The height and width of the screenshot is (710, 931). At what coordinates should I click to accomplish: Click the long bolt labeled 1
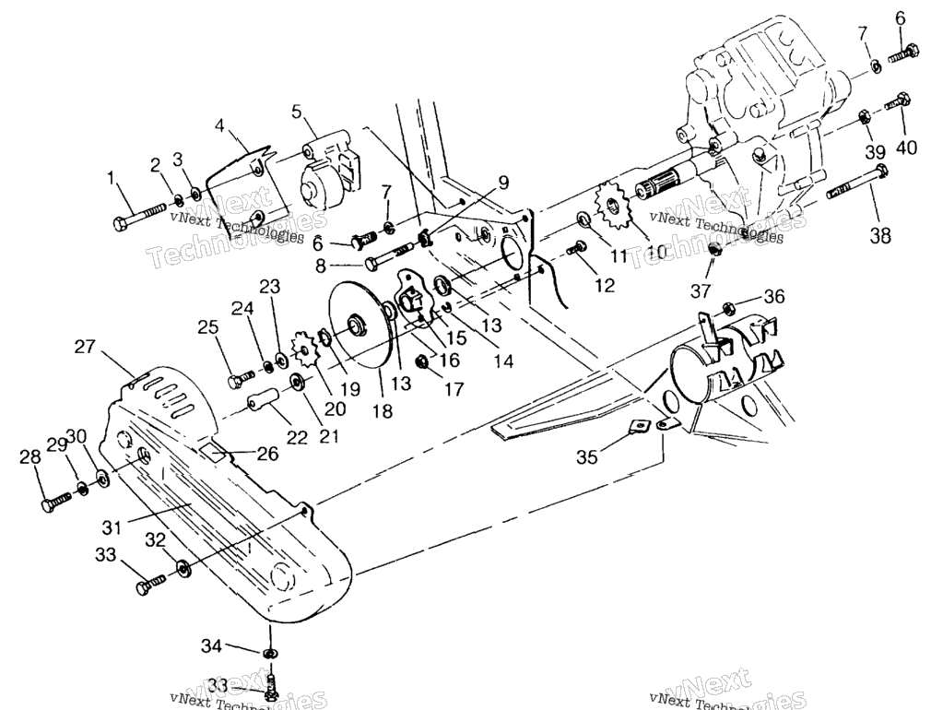click(139, 216)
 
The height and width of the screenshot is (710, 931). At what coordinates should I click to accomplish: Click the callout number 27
click(85, 346)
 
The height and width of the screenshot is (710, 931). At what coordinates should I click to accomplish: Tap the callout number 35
click(587, 457)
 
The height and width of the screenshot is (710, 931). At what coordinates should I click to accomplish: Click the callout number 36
click(773, 296)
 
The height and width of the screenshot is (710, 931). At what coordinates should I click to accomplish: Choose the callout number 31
click(112, 527)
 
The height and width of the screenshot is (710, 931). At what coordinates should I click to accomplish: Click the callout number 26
click(268, 454)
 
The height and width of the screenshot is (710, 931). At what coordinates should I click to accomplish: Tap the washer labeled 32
click(183, 566)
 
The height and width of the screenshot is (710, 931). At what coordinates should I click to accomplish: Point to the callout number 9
click(503, 183)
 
